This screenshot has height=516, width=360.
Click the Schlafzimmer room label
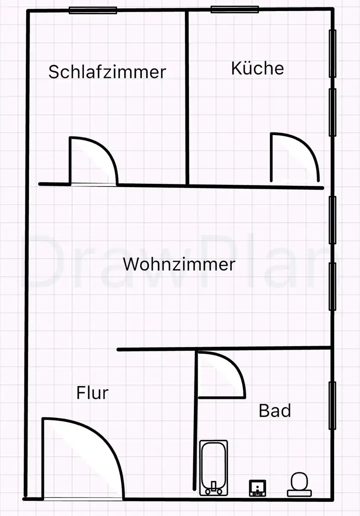pyautogui.click(x=107, y=72)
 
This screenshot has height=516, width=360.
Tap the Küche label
pyautogui.click(x=258, y=68)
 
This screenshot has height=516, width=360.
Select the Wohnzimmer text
pyautogui.click(x=179, y=264)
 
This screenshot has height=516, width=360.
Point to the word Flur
pyautogui.click(x=92, y=393)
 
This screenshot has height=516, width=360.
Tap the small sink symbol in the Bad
pyautogui.click(x=258, y=488)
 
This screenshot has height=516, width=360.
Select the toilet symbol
pyautogui.click(x=299, y=485)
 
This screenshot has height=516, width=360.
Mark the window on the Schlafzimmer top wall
pyautogui.click(x=93, y=10)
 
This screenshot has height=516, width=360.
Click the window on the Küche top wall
pyautogui.click(x=234, y=9)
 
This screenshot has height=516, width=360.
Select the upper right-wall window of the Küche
pyautogui.click(x=332, y=53)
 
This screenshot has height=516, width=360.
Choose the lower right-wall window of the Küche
pyautogui.click(x=332, y=112)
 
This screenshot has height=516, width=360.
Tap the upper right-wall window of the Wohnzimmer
pyautogui.click(x=332, y=220)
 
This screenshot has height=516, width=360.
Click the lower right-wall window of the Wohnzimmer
pyautogui.click(x=332, y=286)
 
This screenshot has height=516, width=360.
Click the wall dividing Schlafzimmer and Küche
pyautogui.click(x=187, y=98)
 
